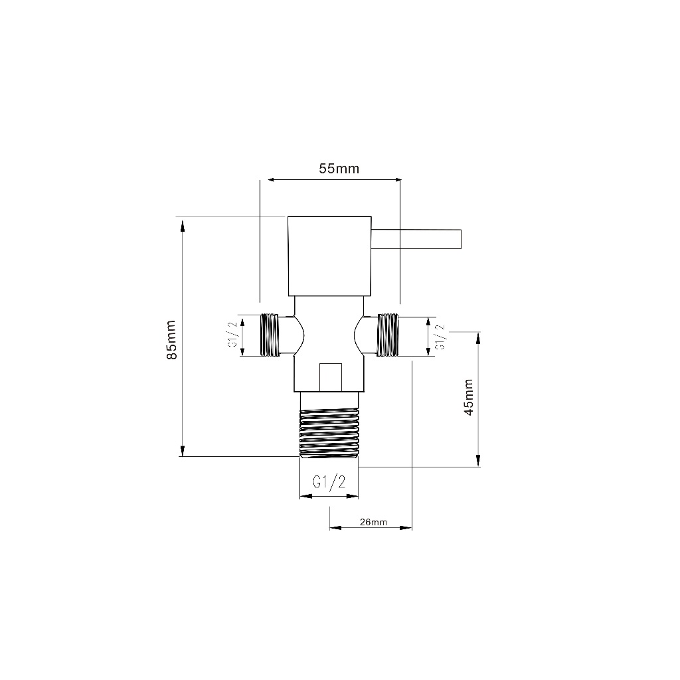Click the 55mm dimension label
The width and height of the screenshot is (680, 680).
(339, 168)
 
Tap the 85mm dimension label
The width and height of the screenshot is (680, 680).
(172, 339)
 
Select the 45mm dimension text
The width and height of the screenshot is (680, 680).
(468, 397)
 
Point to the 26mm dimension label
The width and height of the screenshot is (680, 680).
(373, 522)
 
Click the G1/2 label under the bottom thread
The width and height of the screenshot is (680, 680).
(329, 482)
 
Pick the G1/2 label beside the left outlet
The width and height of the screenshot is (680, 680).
(232, 335)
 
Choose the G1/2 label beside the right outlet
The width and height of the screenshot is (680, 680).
(440, 337)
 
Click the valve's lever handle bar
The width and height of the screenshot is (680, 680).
(416, 239)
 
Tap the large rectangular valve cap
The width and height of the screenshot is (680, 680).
(329, 256)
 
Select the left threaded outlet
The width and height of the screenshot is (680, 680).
(270, 335)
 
